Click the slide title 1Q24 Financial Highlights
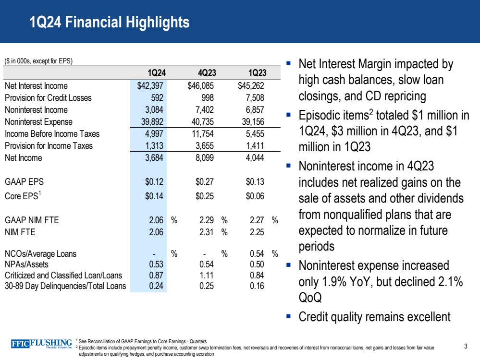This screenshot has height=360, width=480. [x=109, y=22]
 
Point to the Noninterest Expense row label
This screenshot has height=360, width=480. [x=38, y=121]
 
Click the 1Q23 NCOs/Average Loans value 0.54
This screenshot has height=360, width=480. [x=257, y=253]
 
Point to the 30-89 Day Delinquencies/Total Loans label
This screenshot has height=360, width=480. [x=65, y=287]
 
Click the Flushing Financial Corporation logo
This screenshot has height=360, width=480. [x=42, y=344]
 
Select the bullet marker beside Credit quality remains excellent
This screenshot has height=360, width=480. [x=288, y=316]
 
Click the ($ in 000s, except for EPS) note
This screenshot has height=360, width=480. [x=38, y=61]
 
